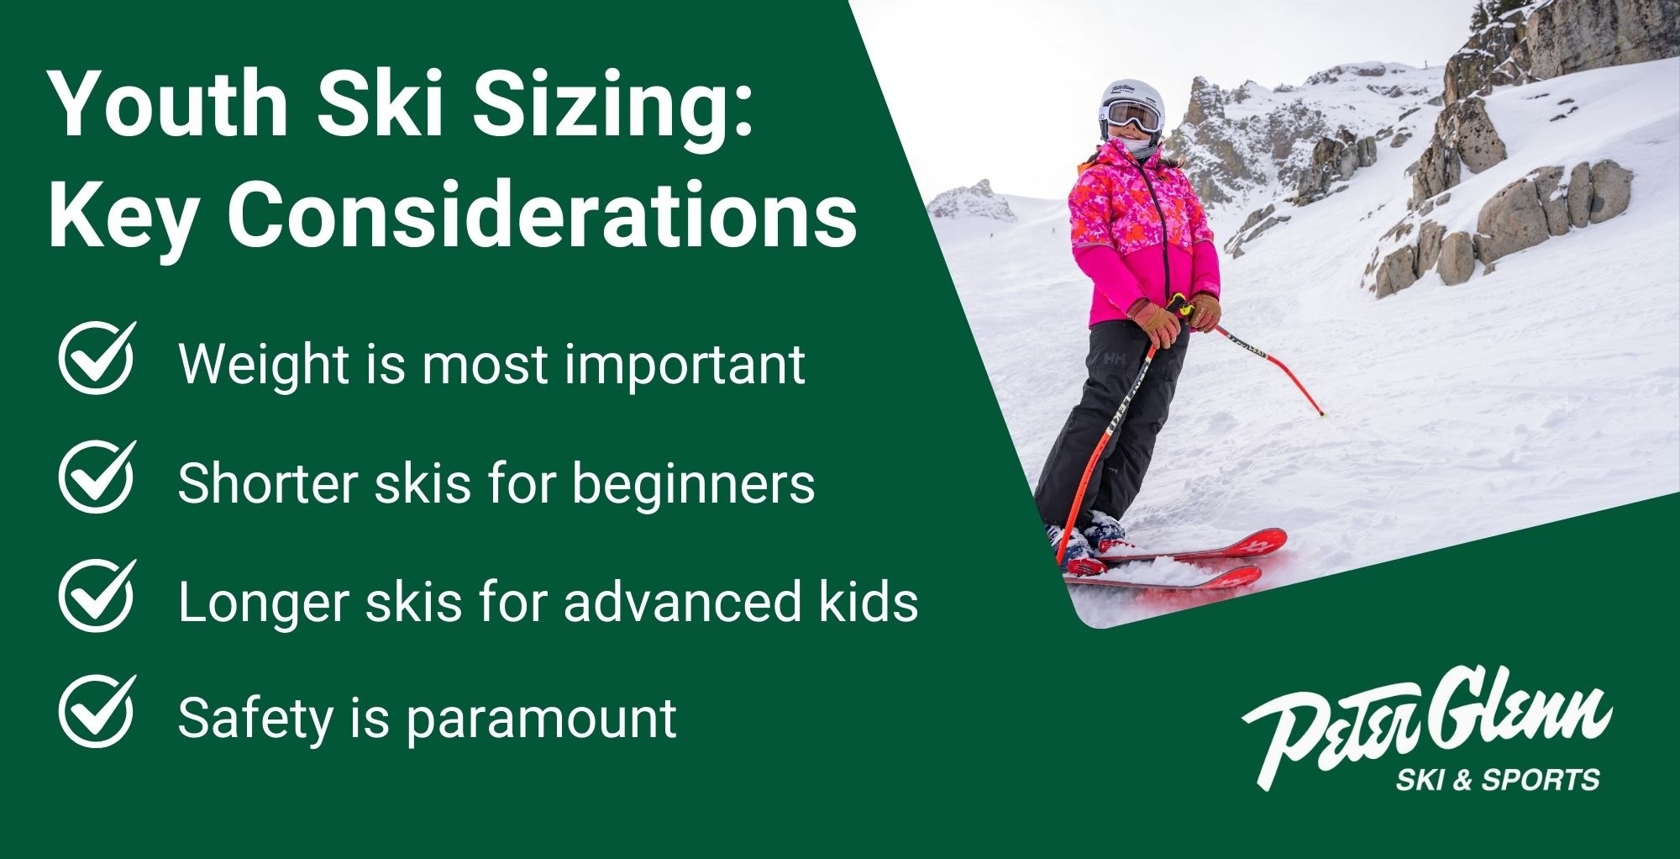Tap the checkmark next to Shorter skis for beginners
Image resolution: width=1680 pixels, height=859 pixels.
97,477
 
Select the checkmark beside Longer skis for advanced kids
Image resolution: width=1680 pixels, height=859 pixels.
97,595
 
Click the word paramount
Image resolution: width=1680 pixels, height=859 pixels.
541,719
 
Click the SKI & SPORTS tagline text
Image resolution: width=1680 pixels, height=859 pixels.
1497,779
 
